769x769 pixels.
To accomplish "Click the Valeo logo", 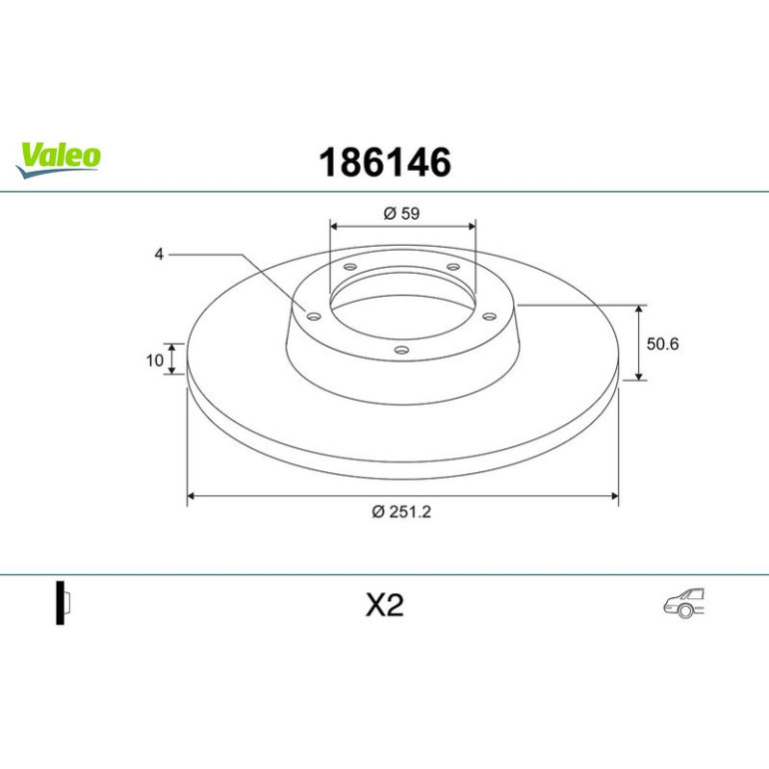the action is click(58, 160).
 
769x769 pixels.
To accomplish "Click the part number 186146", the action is click(384, 163).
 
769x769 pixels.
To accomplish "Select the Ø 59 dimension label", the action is click(401, 214).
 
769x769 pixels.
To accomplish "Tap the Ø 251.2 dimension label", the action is click(401, 511).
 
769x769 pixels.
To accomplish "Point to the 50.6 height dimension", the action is click(662, 344).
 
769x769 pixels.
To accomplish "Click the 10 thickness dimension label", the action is click(155, 361).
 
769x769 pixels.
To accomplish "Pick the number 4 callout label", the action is click(159, 254).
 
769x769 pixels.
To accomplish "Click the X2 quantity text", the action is click(384, 604).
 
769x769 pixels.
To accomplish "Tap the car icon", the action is click(684, 603).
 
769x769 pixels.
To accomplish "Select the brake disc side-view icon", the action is click(63, 602).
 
